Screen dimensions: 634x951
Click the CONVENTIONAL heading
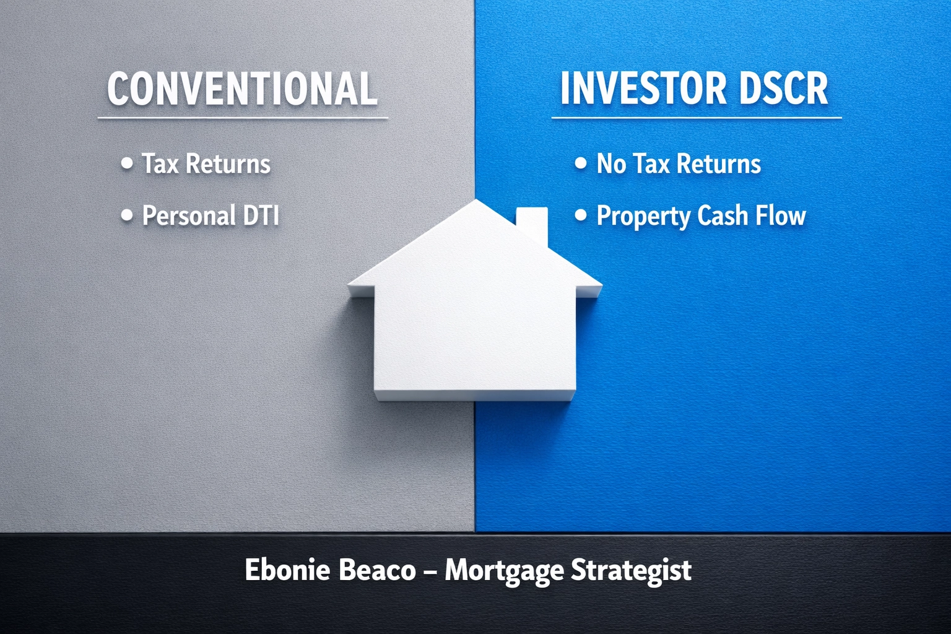[242, 89]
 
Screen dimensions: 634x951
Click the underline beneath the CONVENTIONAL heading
[242, 118]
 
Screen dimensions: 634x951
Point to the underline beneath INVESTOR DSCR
[696, 118]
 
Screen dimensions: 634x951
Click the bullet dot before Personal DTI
[127, 215]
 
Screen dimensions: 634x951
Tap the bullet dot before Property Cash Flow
[580, 215]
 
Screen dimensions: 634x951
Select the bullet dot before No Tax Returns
[580, 163]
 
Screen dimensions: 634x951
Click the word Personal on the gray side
[189, 216]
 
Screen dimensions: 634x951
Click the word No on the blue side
[611, 164]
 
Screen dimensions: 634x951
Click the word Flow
[781, 216]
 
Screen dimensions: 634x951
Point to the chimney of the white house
[532, 223]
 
